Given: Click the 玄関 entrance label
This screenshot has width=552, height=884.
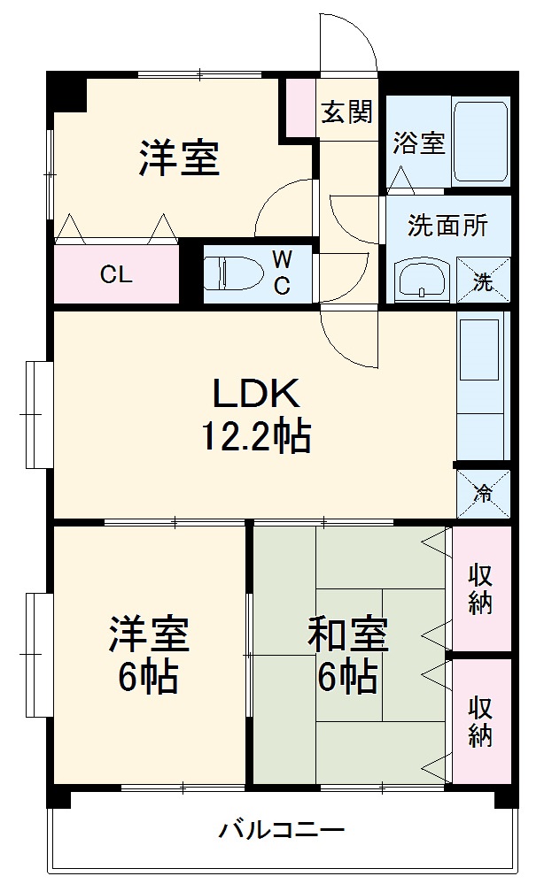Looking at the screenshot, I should [346, 112].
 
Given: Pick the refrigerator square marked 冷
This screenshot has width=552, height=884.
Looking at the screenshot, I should [484, 494].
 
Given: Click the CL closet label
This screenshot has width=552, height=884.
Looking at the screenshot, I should [116, 274].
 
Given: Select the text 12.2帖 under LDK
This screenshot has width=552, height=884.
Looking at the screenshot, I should [257, 435].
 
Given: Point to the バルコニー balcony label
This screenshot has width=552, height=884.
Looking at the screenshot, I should [282, 831].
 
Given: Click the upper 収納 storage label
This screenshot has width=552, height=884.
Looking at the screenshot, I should [481, 589].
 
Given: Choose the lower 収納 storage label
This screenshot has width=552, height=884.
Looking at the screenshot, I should [481, 722].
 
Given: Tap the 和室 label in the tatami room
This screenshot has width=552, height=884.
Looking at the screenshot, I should [347, 636].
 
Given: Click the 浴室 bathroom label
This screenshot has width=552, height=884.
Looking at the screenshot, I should [420, 142].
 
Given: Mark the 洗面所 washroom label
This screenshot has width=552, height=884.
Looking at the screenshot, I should [447, 226].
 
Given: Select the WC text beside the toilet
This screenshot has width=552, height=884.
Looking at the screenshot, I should [282, 272].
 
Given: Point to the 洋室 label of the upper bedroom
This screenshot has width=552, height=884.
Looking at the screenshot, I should [178, 158].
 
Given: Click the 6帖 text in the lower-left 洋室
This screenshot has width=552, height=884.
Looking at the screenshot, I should [149, 679].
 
